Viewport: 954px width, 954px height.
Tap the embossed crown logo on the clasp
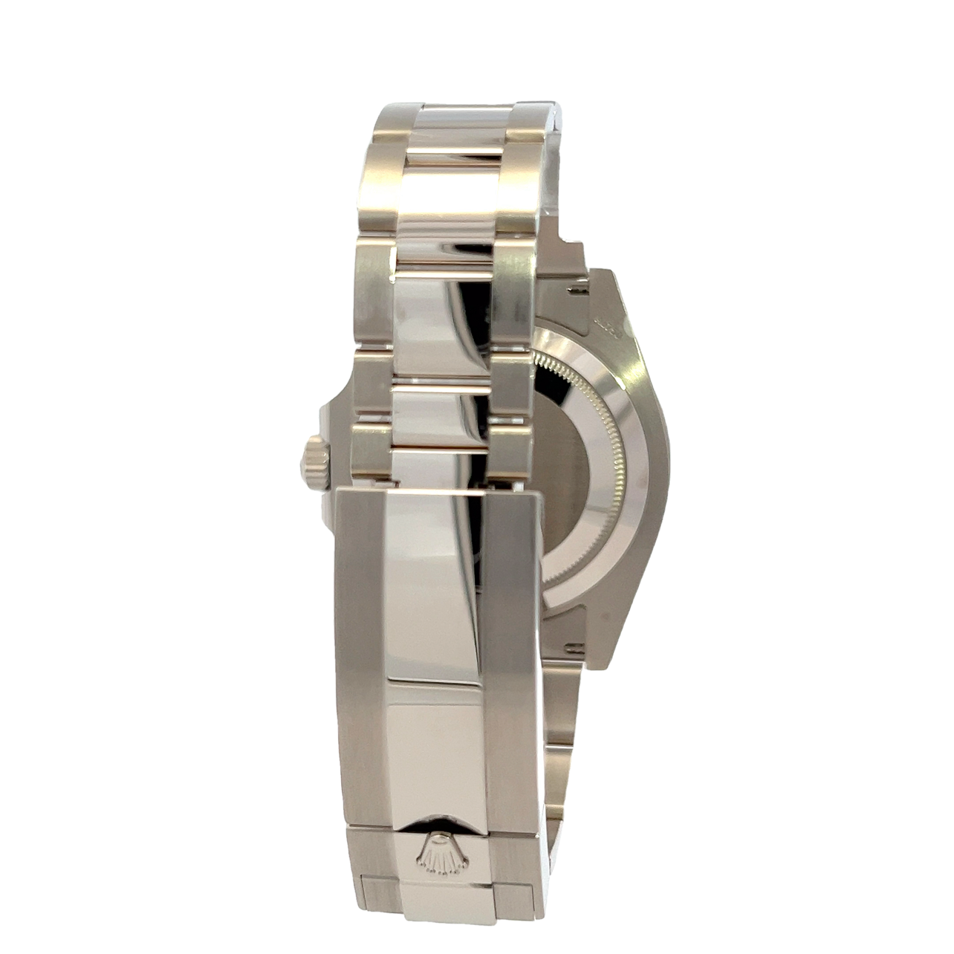tap(443, 852)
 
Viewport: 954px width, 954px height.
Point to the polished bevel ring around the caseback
tap(632, 476)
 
